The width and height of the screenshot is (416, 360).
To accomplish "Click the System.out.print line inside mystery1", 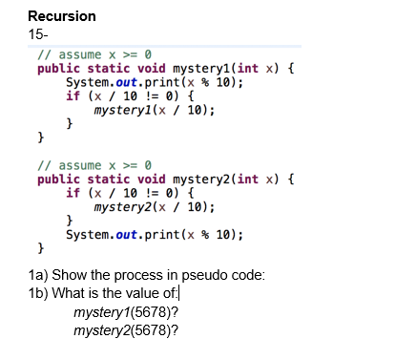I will [x=154, y=82].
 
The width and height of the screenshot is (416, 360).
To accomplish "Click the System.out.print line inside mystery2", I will [x=154, y=234].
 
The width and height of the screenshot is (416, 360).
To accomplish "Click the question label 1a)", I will [x=39, y=275].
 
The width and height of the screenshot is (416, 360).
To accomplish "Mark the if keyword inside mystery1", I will [x=73, y=96].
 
